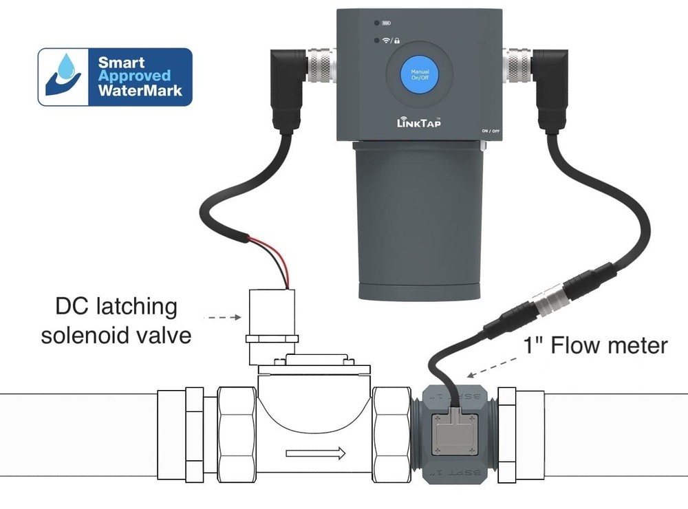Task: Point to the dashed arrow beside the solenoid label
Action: tap(220, 318)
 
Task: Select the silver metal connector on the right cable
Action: tap(516, 65)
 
